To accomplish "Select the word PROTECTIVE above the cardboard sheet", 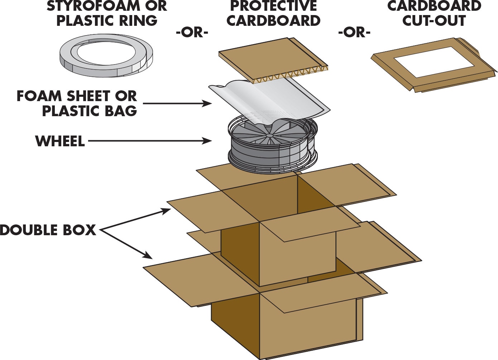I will pos(273,6).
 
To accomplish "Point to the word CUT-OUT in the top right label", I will pos(434,20).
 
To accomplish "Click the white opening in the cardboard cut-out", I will pos(434,62).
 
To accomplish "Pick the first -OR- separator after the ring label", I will pos(192,33).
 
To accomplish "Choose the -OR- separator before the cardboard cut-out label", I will pos(354,33).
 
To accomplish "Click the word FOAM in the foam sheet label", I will pos(39,96).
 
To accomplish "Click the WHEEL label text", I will pos(60,141).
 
